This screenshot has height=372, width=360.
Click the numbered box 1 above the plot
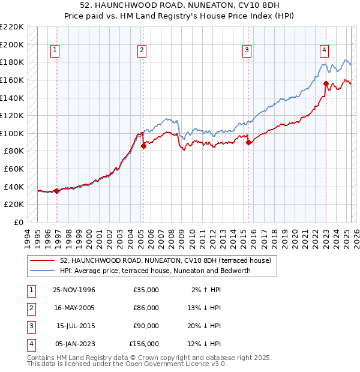click(55, 51)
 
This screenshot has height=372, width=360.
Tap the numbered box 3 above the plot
click(247, 51)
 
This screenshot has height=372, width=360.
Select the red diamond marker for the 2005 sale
click(144, 146)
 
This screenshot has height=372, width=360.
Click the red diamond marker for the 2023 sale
click(326, 83)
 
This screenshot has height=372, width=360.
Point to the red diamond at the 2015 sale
click(249, 142)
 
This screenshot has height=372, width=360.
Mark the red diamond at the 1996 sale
click(57, 191)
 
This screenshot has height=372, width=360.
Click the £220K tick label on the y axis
click(12, 27)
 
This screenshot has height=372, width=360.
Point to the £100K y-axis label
click(12, 133)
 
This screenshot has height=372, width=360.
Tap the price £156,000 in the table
click(144, 344)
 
